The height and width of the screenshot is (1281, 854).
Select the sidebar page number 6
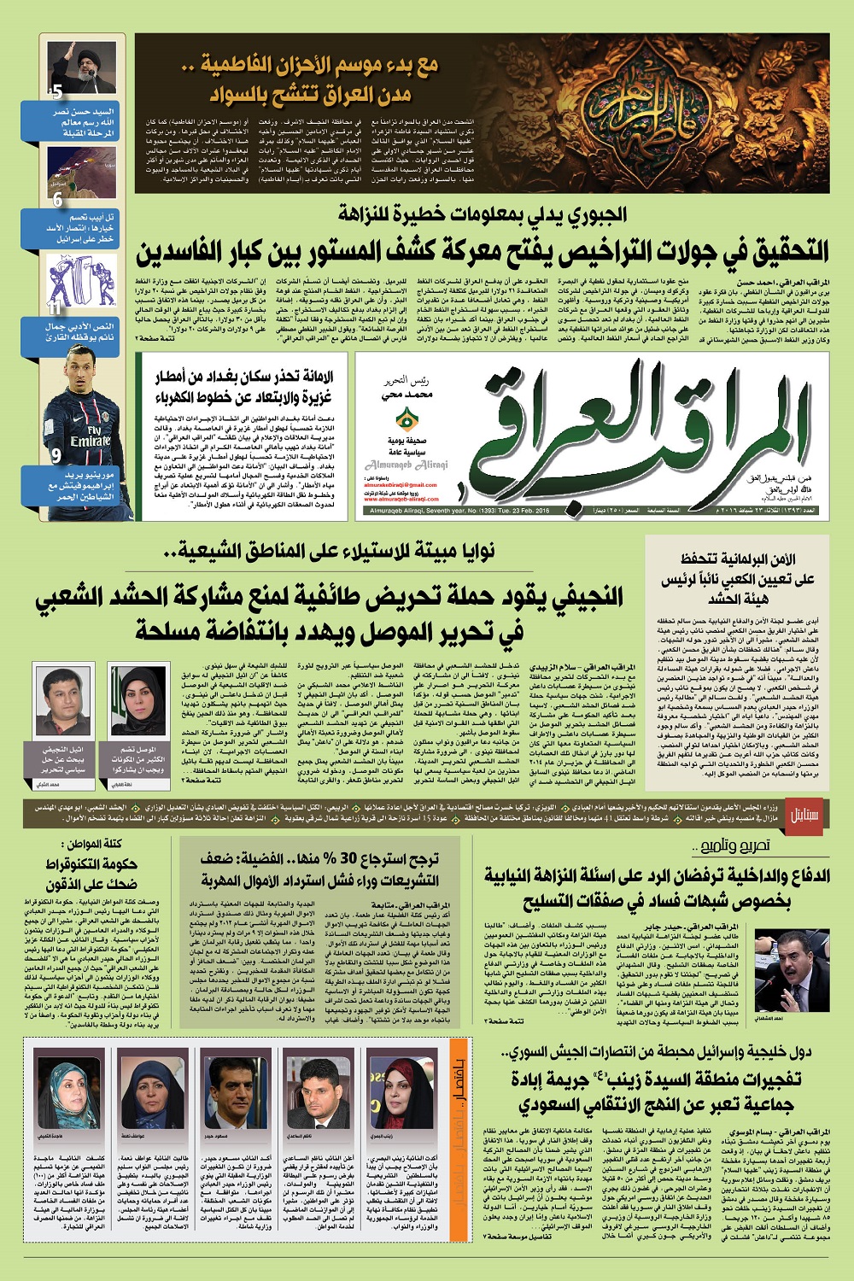point(57,200)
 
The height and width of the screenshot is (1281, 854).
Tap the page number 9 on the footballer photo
point(56,455)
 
